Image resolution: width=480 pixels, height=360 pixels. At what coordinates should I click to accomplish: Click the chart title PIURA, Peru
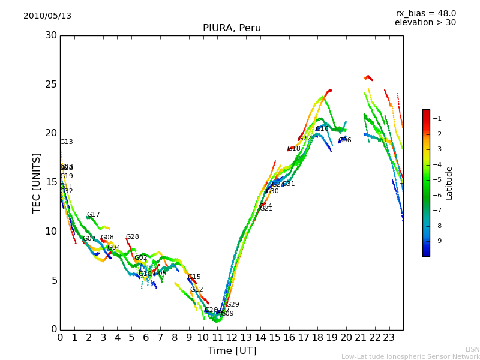click(232, 28)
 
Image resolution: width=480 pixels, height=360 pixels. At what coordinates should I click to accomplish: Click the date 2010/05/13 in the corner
click(47, 16)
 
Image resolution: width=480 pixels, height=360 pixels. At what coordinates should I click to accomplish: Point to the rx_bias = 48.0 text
click(425, 14)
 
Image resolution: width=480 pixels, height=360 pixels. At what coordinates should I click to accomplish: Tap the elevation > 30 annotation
click(425, 23)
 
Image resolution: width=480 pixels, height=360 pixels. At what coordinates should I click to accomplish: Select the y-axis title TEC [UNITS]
click(37, 182)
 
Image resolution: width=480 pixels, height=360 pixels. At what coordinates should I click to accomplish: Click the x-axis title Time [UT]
click(232, 351)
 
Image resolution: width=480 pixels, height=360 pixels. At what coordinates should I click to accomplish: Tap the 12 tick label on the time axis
click(232, 337)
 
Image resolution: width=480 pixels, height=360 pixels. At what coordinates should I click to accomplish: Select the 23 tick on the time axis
click(389, 337)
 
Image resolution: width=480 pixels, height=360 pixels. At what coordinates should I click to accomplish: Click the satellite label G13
click(66, 142)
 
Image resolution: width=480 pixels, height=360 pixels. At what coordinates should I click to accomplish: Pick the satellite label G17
click(93, 215)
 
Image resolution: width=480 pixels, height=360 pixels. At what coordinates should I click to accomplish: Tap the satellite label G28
click(132, 237)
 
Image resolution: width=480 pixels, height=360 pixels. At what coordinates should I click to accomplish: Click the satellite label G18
click(293, 149)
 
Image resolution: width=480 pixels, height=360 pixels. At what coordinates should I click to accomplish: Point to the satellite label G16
click(322, 129)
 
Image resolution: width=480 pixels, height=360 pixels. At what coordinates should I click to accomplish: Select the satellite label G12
click(196, 290)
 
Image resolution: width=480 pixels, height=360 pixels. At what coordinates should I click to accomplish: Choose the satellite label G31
click(288, 184)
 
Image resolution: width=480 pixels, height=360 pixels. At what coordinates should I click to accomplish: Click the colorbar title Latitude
click(449, 183)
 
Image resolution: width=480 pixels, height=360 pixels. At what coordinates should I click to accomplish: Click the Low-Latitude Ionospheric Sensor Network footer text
click(410, 357)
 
